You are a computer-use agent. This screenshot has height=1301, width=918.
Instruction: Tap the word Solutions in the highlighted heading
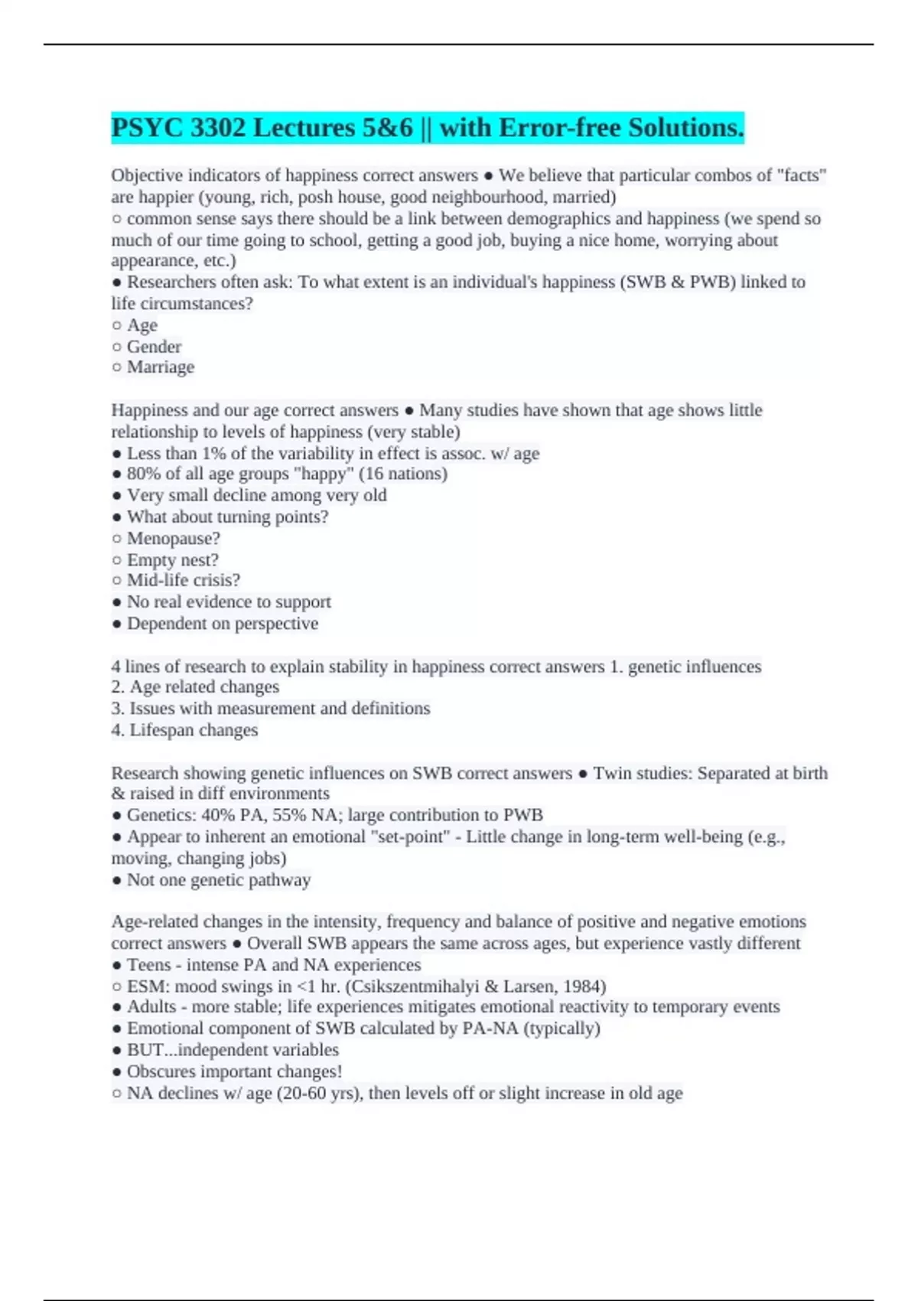point(685,128)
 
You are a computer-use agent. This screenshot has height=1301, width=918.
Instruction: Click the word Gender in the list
point(154,347)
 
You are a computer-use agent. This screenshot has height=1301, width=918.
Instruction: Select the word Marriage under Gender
point(161,367)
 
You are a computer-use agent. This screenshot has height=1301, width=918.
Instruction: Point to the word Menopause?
point(173,539)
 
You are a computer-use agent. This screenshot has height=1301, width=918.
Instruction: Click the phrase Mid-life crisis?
point(184,581)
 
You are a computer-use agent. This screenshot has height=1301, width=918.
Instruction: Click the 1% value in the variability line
point(214,454)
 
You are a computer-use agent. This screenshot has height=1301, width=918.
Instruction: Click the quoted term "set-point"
point(409,836)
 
